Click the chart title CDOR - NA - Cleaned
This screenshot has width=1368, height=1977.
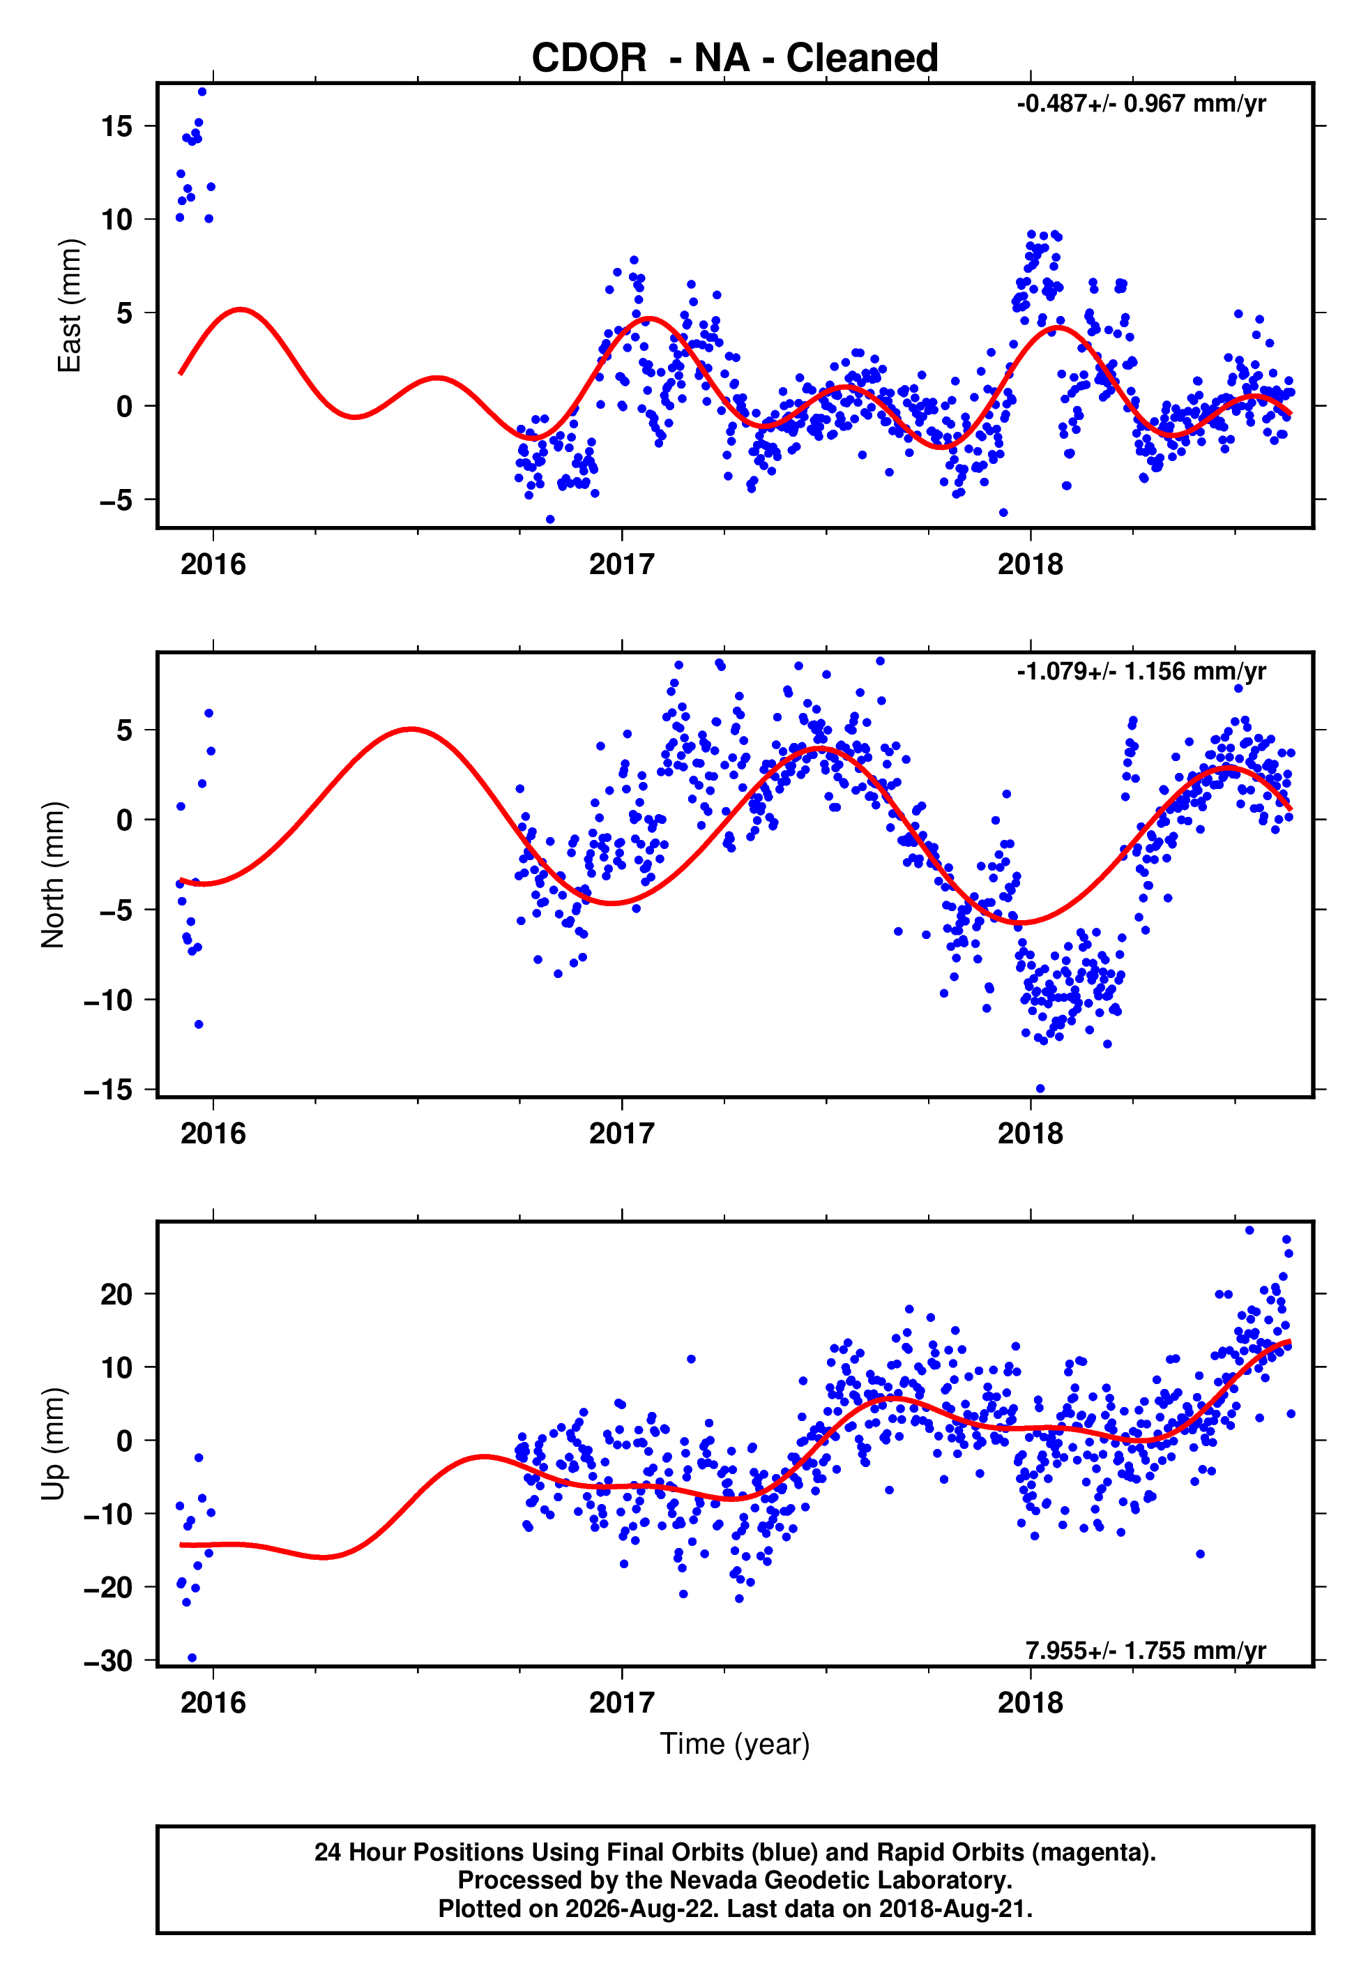(x=735, y=59)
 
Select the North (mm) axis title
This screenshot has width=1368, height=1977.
(x=53, y=875)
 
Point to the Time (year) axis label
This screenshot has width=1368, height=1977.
(x=735, y=1745)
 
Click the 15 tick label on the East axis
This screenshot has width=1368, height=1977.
(x=116, y=126)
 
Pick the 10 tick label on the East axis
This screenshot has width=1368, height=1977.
(x=116, y=220)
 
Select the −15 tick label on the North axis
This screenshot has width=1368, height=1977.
(x=108, y=1090)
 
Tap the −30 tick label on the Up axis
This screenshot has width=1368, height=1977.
(x=108, y=1661)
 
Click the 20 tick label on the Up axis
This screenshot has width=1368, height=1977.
(x=116, y=1294)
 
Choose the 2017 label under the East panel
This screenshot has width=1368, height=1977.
(x=621, y=564)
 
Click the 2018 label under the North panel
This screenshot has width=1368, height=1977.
(x=1031, y=1134)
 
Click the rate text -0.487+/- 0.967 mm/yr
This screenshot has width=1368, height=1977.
(x=1141, y=104)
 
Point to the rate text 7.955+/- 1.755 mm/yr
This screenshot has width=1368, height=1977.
(x=1146, y=1651)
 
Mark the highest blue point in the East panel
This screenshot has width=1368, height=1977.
(x=202, y=91)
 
